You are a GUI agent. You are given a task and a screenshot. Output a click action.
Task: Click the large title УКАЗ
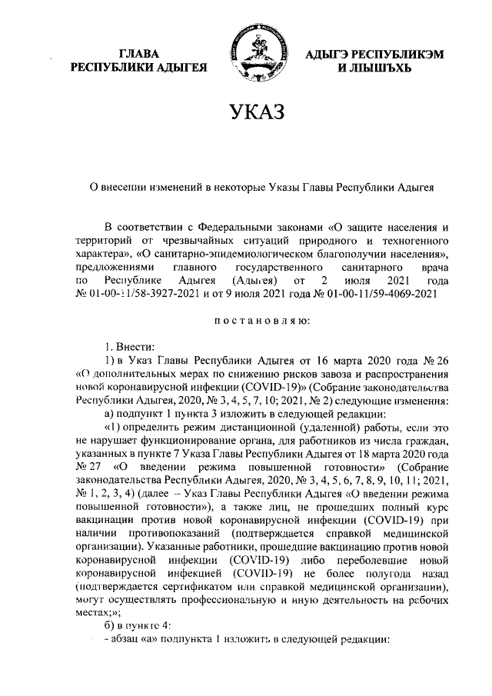(x=246, y=112)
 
